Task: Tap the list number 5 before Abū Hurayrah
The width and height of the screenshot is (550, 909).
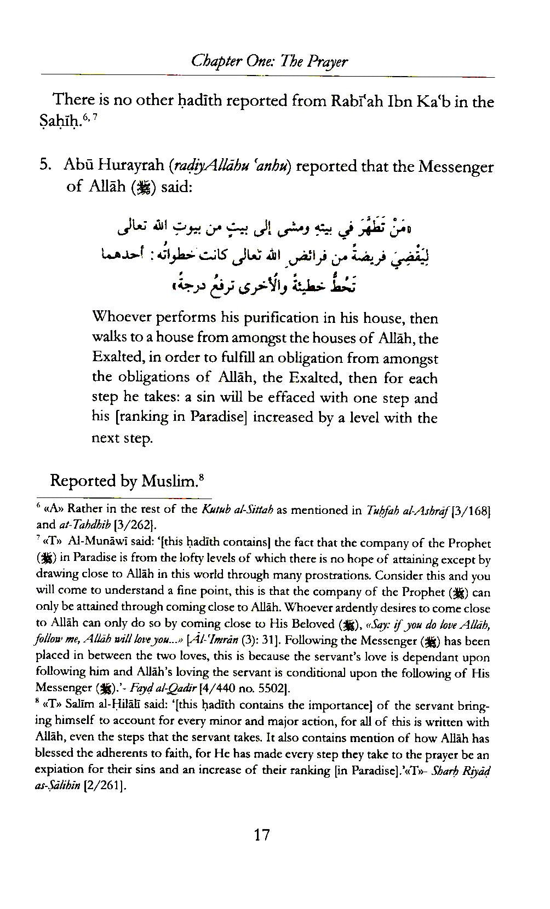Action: pos(45,166)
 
